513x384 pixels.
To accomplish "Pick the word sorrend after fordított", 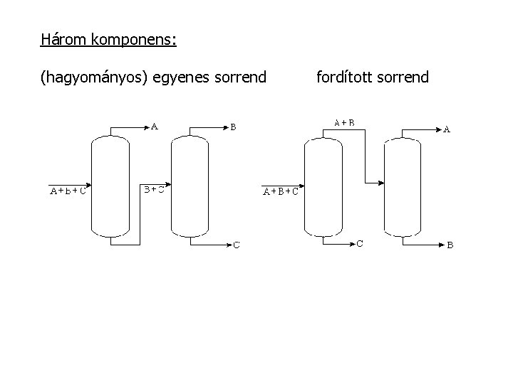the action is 403,76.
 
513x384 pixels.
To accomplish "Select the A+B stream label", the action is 345,122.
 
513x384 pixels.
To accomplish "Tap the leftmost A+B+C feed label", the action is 68,191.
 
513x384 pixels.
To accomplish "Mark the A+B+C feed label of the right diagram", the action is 281,191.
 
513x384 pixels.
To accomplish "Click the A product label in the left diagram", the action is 154,128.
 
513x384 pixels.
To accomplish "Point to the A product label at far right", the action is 447,129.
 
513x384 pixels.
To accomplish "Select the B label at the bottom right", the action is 450,245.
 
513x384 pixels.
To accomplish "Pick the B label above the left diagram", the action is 233,128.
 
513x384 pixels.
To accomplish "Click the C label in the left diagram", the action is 237,245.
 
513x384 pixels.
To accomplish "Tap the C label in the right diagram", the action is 361,244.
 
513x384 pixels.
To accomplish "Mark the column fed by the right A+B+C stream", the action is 323,186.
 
